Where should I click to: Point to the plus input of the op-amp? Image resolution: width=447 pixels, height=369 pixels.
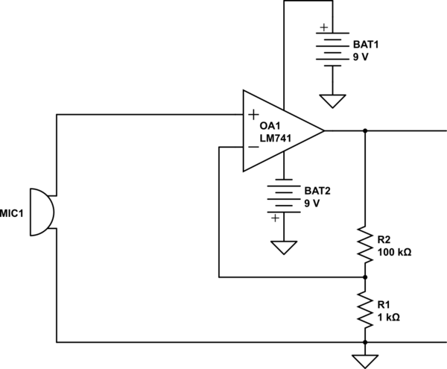click(x=253, y=115)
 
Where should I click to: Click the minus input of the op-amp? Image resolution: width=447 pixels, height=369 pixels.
click(x=253, y=147)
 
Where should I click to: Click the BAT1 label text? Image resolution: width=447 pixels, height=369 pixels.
click(x=366, y=44)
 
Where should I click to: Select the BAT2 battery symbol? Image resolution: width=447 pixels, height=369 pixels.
click(x=283, y=196)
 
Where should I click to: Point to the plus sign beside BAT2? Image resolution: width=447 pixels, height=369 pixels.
click(x=275, y=218)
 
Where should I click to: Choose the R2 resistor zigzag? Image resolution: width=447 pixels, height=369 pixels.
click(x=365, y=245)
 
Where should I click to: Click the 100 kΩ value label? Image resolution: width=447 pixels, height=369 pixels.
click(x=394, y=252)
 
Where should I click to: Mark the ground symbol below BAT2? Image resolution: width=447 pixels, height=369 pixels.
click(x=283, y=246)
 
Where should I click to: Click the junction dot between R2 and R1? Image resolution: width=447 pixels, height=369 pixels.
click(x=365, y=277)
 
